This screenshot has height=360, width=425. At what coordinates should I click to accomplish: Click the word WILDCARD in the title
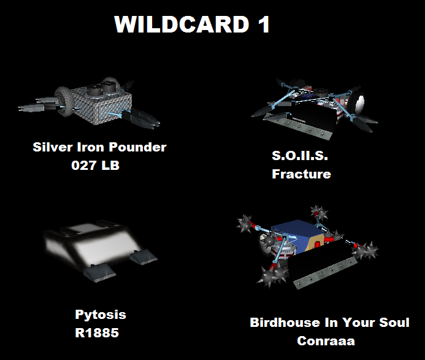[x=182, y=24]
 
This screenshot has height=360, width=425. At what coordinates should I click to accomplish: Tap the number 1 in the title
[x=264, y=24]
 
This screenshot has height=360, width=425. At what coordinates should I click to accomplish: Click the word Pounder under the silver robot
[x=138, y=147]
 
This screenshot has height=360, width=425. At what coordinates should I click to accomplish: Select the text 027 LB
[x=96, y=166]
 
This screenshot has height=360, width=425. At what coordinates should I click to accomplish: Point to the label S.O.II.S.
[x=300, y=156]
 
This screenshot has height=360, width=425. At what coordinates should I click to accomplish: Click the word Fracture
[x=301, y=174]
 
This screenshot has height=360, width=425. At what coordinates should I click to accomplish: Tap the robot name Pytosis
[x=101, y=315]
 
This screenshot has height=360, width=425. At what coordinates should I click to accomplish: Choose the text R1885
[x=97, y=333]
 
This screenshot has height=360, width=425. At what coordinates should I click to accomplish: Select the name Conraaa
[x=326, y=341]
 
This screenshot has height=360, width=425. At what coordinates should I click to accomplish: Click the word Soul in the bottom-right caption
[x=394, y=323]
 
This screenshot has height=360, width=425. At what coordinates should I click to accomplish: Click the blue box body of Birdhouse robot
[x=298, y=236]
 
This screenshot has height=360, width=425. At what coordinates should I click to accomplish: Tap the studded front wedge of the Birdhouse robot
[x=325, y=272]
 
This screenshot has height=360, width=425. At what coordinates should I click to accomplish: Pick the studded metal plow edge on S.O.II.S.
[x=298, y=127]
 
